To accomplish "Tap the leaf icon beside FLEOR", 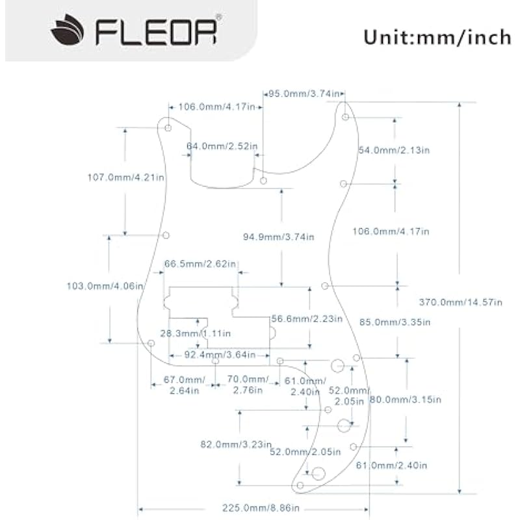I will (68, 32).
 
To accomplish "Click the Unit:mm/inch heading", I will (437, 37).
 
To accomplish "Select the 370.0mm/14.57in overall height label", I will (461, 302).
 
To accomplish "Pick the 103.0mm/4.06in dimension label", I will (105, 286).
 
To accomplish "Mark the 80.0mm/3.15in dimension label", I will (405, 400).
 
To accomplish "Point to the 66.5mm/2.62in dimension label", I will (201, 264).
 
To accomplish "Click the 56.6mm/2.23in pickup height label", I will (307, 318).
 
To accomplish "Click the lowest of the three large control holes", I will (318, 473).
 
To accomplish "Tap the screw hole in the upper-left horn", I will (168, 128).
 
